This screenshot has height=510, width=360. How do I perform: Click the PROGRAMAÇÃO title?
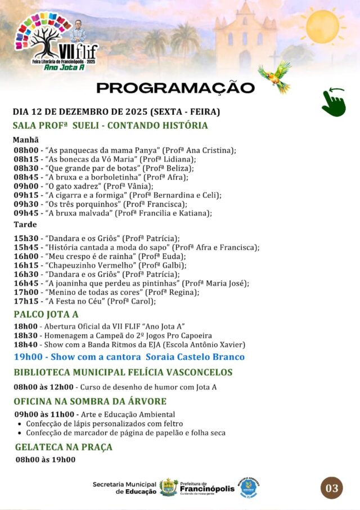click(x=175, y=88)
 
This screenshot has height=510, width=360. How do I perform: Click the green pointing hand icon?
click(x=334, y=102)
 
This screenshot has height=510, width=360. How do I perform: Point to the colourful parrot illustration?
click(x=275, y=76)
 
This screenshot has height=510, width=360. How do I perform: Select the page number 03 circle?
click(x=332, y=488)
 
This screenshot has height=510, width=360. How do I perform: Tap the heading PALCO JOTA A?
click(x=46, y=314)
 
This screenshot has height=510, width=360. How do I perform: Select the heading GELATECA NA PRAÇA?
click(x=64, y=447)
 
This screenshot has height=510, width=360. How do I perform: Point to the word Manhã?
click(x=26, y=140)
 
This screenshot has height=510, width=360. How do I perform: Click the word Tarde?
click(x=25, y=225)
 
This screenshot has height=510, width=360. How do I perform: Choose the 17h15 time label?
click(x=26, y=301)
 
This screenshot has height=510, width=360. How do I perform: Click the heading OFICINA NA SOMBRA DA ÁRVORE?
click(x=90, y=401)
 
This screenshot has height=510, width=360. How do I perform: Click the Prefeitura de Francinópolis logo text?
click(x=206, y=487)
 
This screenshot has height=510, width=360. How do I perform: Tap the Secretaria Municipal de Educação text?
click(x=124, y=487)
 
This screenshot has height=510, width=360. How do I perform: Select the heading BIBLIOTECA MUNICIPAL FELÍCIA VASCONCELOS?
click(x=123, y=372)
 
